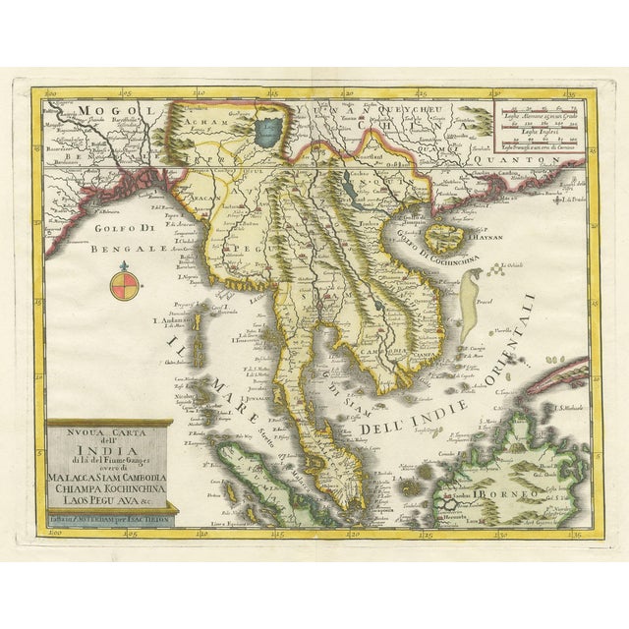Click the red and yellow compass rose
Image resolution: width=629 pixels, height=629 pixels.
(x=123, y=287)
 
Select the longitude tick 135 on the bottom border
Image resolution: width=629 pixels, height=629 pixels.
(x=567, y=537)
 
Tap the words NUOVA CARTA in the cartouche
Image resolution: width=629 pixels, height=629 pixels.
(x=110, y=429)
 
